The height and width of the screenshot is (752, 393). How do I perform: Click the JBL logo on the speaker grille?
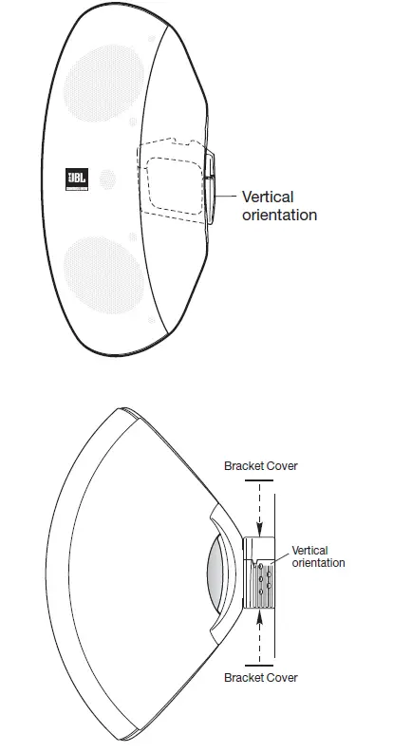tap(75, 179)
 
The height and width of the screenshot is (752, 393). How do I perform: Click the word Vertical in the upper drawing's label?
tap(268, 197)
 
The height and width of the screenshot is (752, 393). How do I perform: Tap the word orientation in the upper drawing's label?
tap(279, 215)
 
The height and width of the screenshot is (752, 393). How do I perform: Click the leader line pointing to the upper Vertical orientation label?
tap(226, 195)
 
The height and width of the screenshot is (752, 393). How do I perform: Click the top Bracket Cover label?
tap(260, 466)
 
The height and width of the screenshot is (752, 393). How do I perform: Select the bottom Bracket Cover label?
tap(260, 677)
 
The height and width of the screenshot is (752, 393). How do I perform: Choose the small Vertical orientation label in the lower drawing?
tap(318, 555)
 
